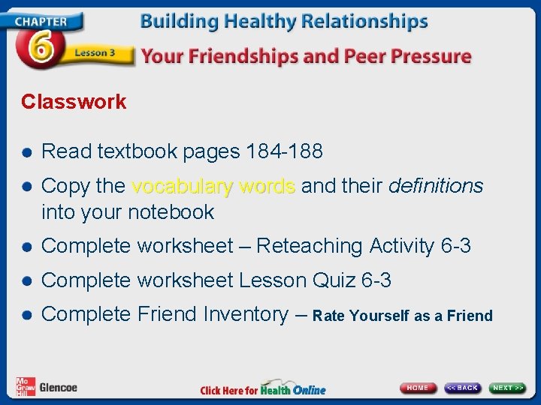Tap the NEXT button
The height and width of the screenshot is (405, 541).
pyautogui.click(x=508, y=388)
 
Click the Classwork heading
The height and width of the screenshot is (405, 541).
pyautogui.click(x=74, y=102)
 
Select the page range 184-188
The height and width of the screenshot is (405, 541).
pyautogui.click(x=284, y=151)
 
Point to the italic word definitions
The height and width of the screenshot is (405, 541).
pyautogui.click(x=436, y=186)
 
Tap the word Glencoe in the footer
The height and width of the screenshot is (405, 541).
pyautogui.click(x=58, y=388)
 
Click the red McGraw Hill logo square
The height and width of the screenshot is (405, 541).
pyautogui.click(x=25, y=385)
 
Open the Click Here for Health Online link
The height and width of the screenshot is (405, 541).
pyautogui.click(x=263, y=389)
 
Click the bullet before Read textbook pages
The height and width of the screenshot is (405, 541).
pyautogui.click(x=27, y=152)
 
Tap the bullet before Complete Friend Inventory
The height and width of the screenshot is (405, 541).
pyautogui.click(x=27, y=315)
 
